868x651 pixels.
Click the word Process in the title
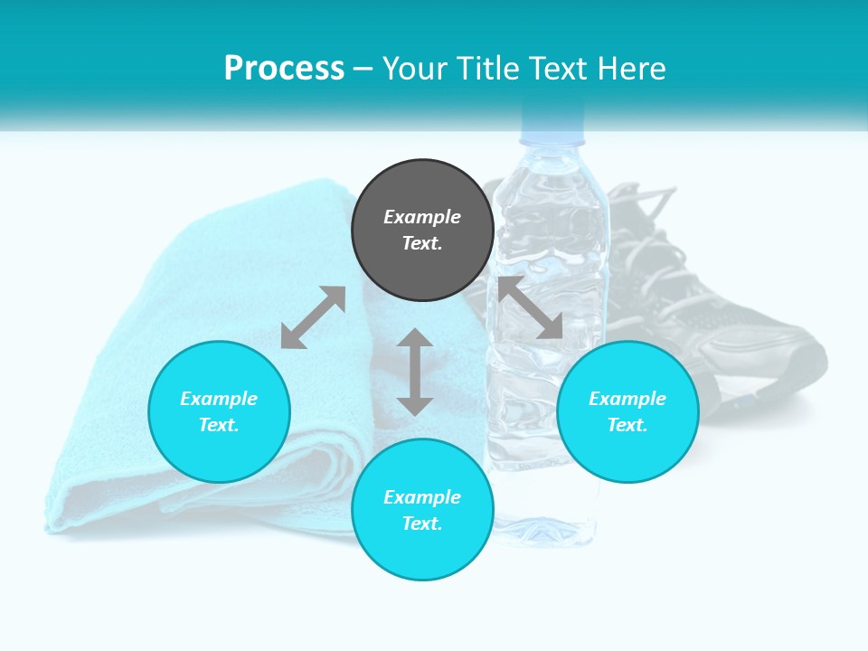pos(284,69)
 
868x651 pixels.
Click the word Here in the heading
pos(633,69)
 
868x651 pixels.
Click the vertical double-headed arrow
pos(415,372)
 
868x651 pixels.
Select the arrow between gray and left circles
pos(314,317)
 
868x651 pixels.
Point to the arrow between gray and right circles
pos(531,307)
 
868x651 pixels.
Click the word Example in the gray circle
pos(422,217)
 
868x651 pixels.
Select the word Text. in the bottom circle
pos(422,524)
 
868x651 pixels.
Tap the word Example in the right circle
pos(627,399)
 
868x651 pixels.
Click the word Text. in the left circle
pos(219,425)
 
